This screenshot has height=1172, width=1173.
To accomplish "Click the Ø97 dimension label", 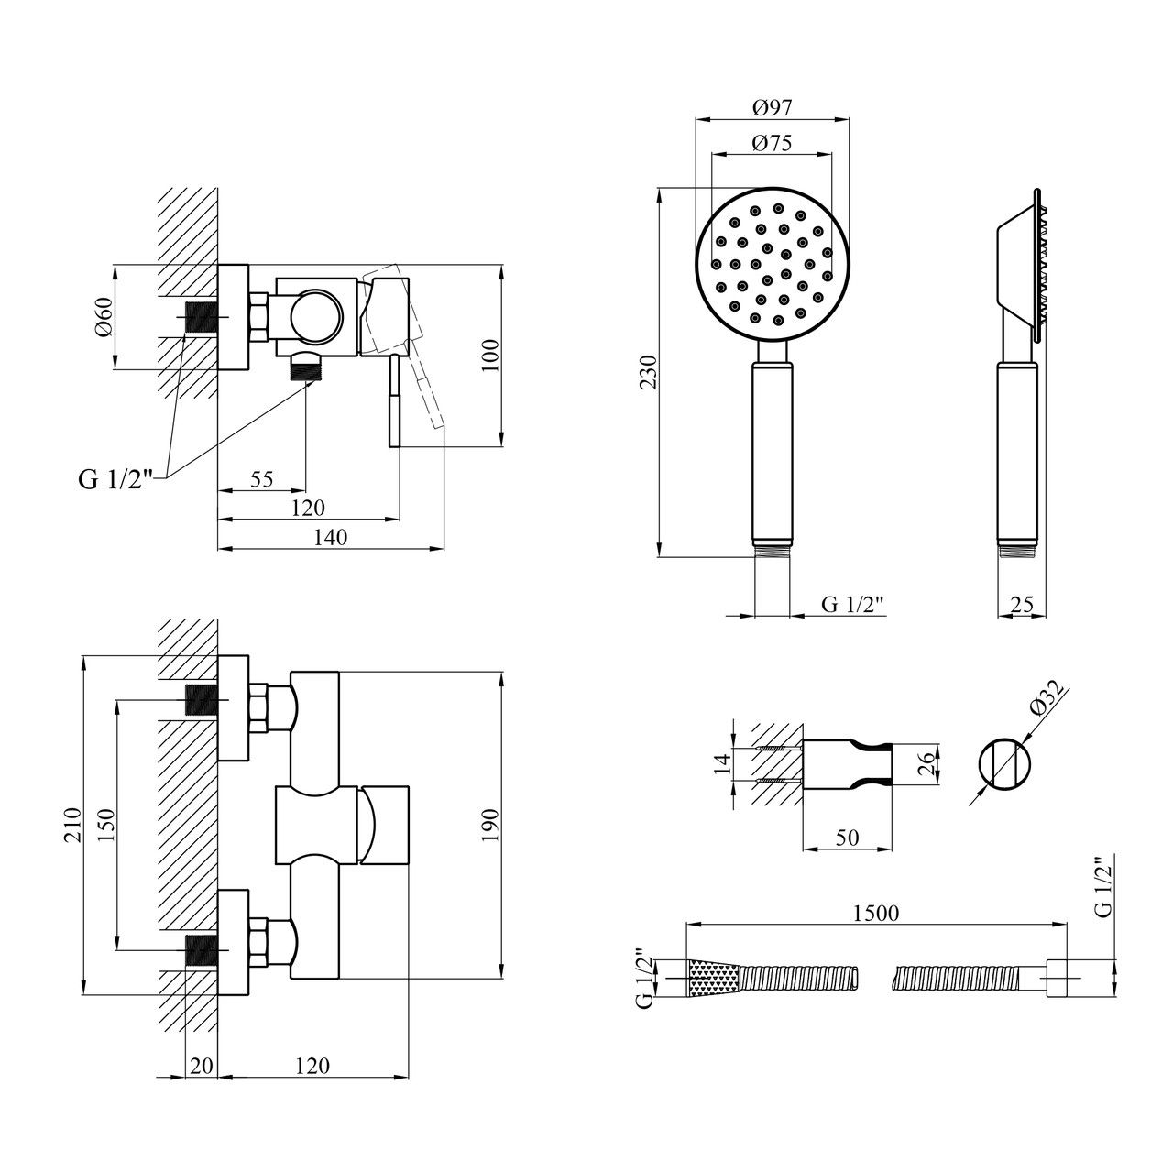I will pos(772,107).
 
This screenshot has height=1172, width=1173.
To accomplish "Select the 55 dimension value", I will pos(261,479).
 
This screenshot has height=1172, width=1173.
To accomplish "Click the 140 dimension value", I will pos(330,538).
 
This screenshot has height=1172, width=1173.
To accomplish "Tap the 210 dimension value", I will pos(74,825).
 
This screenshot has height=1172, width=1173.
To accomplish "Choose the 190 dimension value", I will pos(491,825).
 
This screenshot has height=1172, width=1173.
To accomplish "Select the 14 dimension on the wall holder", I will pos(722,763).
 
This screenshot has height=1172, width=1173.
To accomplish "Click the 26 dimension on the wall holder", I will pos(925,763).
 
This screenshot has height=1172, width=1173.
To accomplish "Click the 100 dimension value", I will pos(491,356).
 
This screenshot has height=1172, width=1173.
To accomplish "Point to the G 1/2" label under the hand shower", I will pos(852,604).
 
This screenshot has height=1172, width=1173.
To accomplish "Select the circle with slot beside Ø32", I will pos(1005,763).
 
